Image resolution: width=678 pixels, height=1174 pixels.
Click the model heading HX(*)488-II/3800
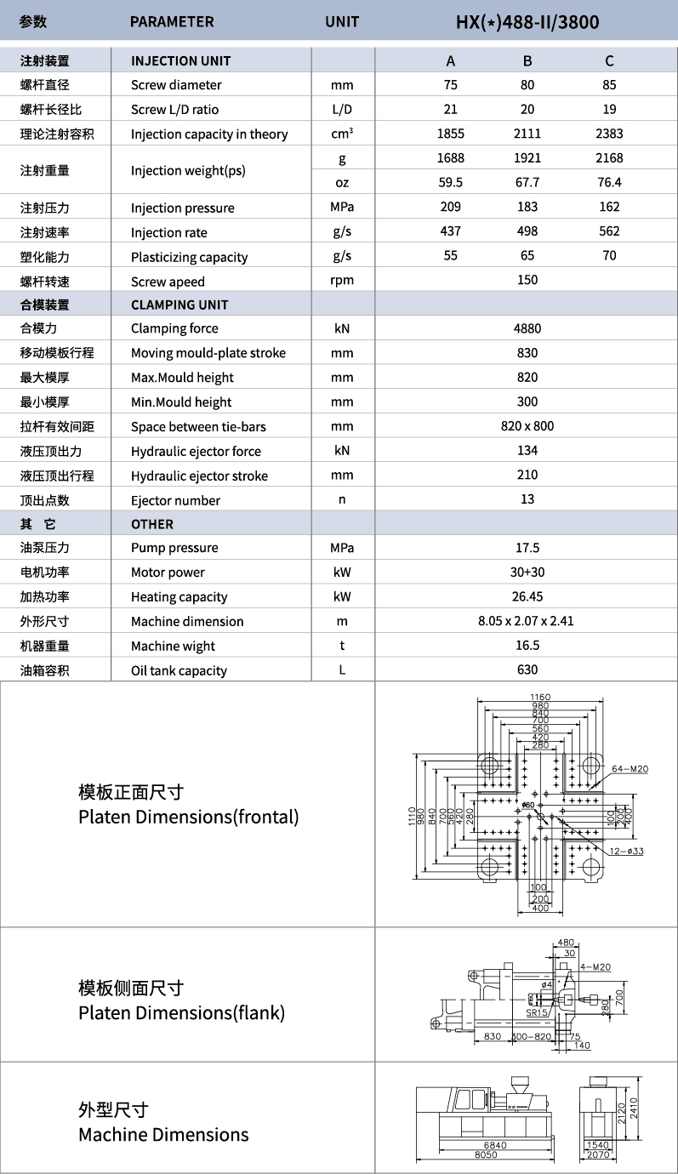pos(527,22)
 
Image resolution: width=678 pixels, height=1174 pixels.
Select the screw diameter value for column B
pos(527,85)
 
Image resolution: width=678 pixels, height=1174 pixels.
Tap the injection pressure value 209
pos(450,207)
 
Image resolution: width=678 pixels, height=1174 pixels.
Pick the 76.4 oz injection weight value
pos(609,182)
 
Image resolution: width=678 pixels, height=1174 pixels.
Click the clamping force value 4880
pos(527,328)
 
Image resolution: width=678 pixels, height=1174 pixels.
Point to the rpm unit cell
pos(342,281)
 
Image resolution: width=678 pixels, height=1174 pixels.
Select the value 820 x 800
pos(527,426)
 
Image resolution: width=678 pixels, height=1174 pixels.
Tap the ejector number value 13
pos(527,499)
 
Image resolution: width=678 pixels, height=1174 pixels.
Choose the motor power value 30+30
pos(527,573)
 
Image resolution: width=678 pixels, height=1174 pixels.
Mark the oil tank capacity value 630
pos(527,670)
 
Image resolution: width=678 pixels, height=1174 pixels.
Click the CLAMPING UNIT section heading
pos(179,305)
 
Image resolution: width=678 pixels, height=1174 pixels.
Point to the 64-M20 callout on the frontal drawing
pos(630,769)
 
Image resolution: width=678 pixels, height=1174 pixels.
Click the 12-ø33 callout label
pos(625,851)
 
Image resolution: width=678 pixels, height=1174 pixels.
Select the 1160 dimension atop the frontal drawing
pos(540,698)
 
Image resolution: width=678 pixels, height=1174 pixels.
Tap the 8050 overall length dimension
pos(486,1154)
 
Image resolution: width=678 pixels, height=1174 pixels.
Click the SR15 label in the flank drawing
pos(536,1012)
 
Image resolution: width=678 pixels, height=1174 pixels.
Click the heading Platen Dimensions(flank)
pos(181,1013)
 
